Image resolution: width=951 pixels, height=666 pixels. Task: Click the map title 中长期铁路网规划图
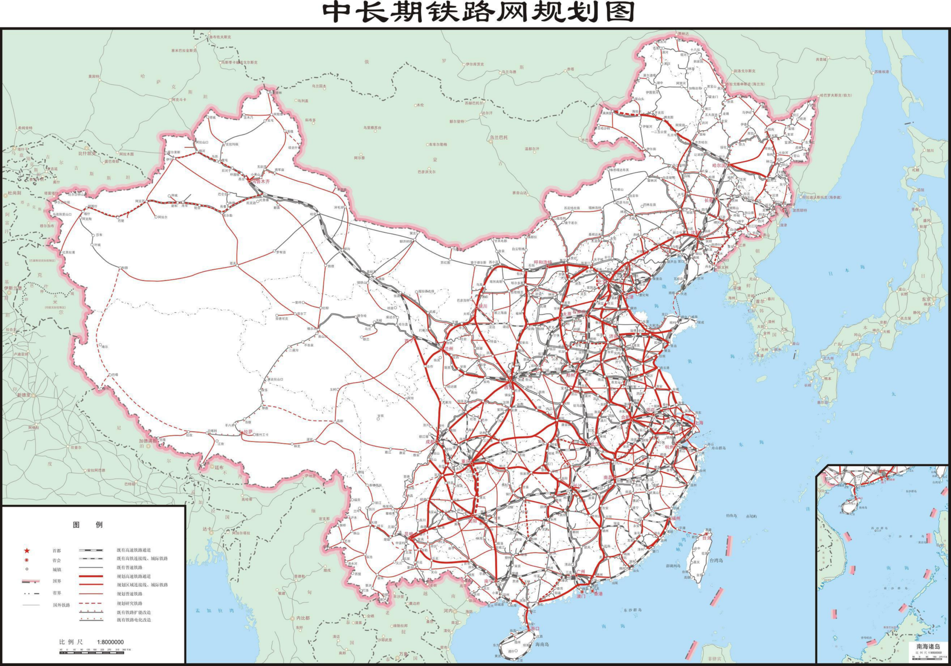coord(478,12)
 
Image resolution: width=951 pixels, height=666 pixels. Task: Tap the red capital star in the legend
coord(27,551)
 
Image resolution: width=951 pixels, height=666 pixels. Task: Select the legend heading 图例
coord(88,525)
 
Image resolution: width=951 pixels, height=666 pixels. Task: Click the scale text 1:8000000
coord(110,642)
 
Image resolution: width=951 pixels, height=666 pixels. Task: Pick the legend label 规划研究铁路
coord(129,603)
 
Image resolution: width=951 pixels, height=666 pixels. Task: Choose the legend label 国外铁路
coord(61,605)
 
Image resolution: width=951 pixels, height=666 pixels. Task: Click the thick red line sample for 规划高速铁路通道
coord(91,576)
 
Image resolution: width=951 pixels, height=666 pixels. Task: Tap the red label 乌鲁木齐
coord(260,182)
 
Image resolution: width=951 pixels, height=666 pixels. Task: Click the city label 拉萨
coord(247,432)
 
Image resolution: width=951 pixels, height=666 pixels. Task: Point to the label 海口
coord(534,628)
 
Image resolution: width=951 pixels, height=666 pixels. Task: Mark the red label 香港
coord(598,594)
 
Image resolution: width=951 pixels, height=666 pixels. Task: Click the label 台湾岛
coord(716,560)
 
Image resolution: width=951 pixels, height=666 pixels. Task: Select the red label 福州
coord(675,518)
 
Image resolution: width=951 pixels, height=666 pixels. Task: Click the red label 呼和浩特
coord(542,262)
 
